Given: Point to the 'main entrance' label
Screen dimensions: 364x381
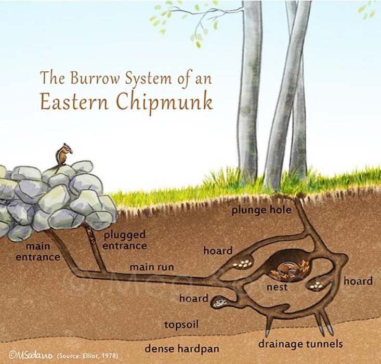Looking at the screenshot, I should coord(42,250).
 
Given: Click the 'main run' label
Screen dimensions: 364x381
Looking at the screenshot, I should coord(152,267).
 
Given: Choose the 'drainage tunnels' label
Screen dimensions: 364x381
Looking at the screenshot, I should coord(301,344).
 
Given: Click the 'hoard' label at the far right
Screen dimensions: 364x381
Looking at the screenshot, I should coord(358,281).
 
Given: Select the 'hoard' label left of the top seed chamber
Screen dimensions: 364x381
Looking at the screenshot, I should coord(218,251).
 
